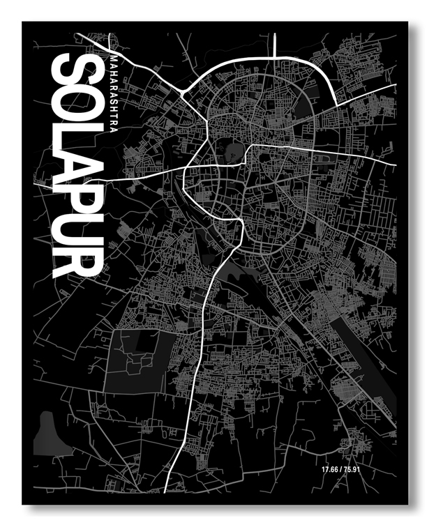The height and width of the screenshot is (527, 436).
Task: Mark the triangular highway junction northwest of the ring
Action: pos(183,92)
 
